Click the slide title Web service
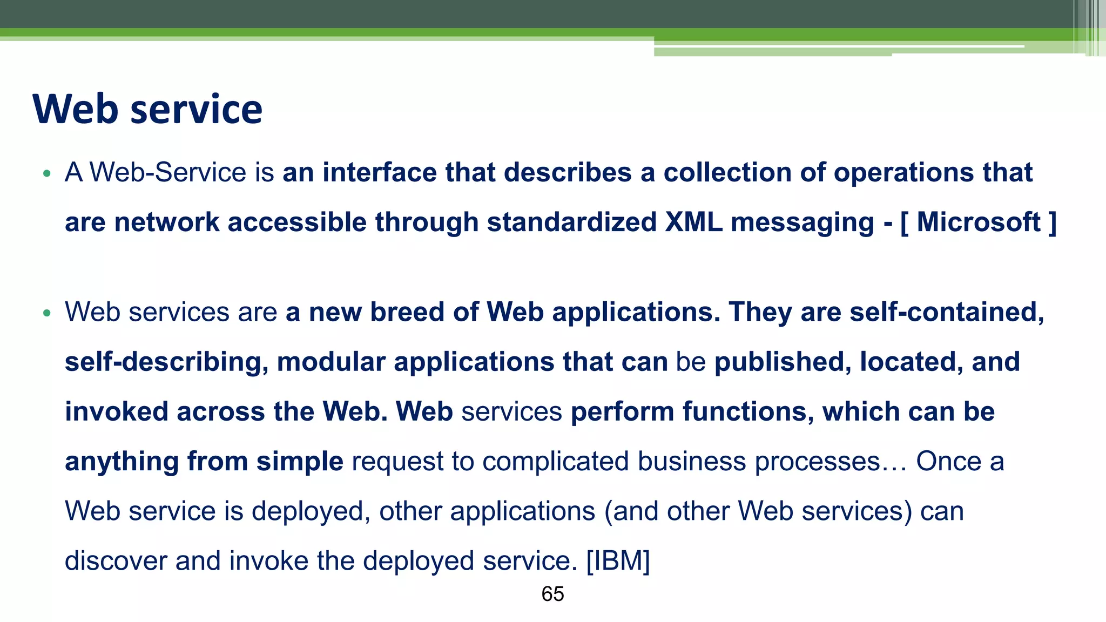click(x=147, y=109)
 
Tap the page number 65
click(x=552, y=594)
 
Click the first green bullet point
click(x=47, y=174)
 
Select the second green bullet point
click(x=47, y=313)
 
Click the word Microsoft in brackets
click(x=979, y=222)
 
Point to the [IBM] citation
click(x=618, y=560)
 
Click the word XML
click(x=693, y=222)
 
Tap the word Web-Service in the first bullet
click(x=168, y=173)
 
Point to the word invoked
click(x=117, y=411)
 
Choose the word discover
click(x=116, y=560)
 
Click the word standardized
click(x=571, y=222)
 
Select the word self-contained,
click(x=947, y=312)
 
